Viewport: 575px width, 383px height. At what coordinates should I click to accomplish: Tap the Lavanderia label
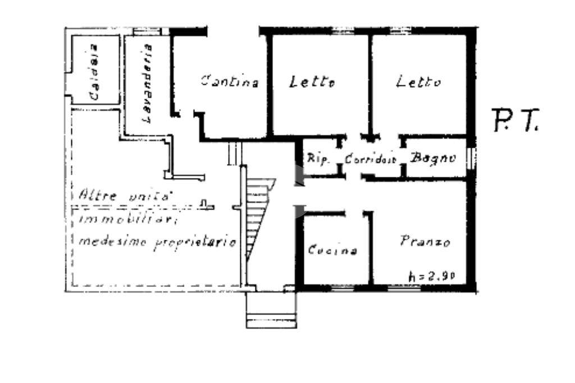point(148,84)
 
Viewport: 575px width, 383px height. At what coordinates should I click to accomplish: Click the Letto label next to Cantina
point(312,82)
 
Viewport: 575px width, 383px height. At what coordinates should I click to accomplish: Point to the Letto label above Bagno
point(418,82)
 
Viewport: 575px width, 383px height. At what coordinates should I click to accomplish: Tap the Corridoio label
point(371,158)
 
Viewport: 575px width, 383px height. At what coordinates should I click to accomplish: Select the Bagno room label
point(432,158)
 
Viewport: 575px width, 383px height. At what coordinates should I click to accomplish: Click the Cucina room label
point(332,250)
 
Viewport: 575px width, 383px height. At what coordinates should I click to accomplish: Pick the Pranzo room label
point(425,242)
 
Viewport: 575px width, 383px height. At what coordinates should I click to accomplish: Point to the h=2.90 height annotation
point(431,275)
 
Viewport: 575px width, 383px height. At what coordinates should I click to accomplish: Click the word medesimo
point(111,242)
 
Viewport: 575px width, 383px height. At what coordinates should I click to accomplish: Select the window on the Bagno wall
point(471,158)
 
